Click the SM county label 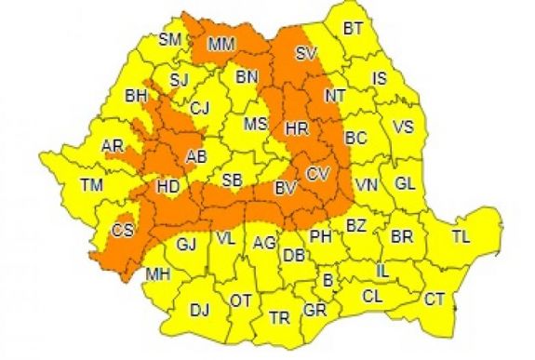click(x=170, y=39)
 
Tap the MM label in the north click(x=221, y=44)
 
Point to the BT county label click(x=353, y=29)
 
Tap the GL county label click(x=405, y=183)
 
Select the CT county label click(x=434, y=299)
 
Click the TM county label click(x=91, y=186)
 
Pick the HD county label click(x=167, y=187)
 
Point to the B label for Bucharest click(x=327, y=278)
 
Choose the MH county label click(x=157, y=273)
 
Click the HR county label click(x=297, y=127)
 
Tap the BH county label click(x=136, y=95)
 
